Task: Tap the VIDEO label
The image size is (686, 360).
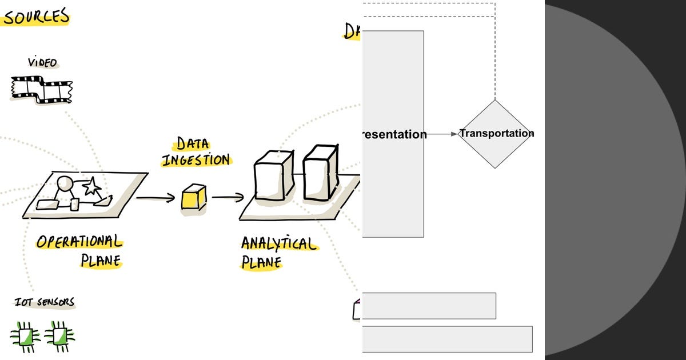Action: click(42, 62)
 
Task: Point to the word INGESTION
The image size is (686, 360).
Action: click(196, 159)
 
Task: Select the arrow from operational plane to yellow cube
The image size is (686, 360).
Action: click(155, 198)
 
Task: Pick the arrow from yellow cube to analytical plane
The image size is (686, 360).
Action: click(228, 198)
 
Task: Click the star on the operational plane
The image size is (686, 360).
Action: click(91, 186)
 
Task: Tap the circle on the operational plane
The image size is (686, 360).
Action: click(65, 184)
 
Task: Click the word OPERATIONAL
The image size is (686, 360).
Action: click(79, 242)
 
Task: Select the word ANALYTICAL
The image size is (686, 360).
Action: click(278, 244)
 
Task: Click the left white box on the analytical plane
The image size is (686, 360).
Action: click(273, 175)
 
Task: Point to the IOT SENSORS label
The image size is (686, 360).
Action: click(45, 302)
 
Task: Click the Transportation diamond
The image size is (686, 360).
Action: click(495, 134)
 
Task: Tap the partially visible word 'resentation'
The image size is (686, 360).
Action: click(394, 134)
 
